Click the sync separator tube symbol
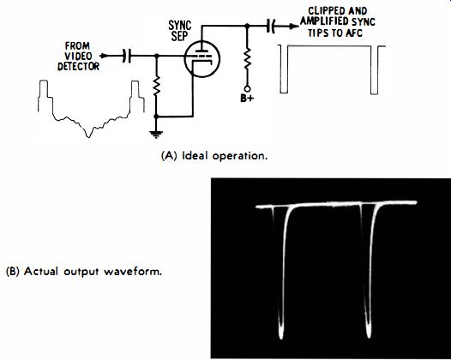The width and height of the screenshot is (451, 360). coord(201,59)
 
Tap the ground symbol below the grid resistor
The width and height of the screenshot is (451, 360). coord(156,134)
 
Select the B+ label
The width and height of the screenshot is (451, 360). coord(247,99)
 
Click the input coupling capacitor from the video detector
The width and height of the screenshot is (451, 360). coord(127,56)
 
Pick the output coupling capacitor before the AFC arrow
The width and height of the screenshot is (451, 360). coord(271,27)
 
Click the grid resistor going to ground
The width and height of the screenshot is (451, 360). coord(156,86)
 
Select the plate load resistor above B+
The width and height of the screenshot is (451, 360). coord(247,58)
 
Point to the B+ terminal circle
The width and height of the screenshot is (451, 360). coord(247,89)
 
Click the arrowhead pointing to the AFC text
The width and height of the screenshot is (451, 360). coord(294,27)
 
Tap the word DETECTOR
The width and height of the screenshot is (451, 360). coord(78,66)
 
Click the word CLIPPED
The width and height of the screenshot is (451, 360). coord(324,11)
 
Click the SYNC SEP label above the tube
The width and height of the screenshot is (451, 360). coord(180,31)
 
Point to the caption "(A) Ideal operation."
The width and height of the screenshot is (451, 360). coord(214,156)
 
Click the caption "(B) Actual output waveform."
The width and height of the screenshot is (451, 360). coord(84,272)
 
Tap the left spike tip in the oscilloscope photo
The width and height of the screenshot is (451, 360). coord(280,337)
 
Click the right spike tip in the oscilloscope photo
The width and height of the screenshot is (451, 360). coord(369,335)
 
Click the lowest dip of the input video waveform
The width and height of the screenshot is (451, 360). coord(89,137)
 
